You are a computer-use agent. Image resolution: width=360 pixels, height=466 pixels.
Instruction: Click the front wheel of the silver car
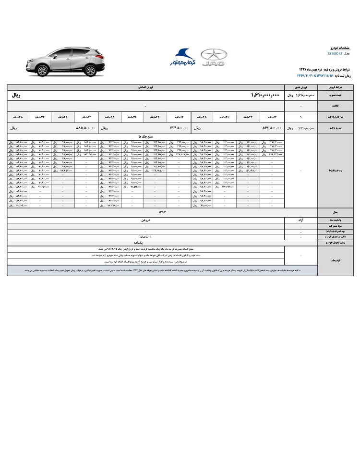pos(42,70)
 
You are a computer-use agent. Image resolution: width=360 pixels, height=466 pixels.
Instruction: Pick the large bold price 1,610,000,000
pos(265,96)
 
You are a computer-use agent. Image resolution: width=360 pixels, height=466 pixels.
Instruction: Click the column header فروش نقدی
pos(301,88)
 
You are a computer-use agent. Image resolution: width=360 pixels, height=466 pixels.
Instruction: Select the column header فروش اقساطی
pos(145,88)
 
